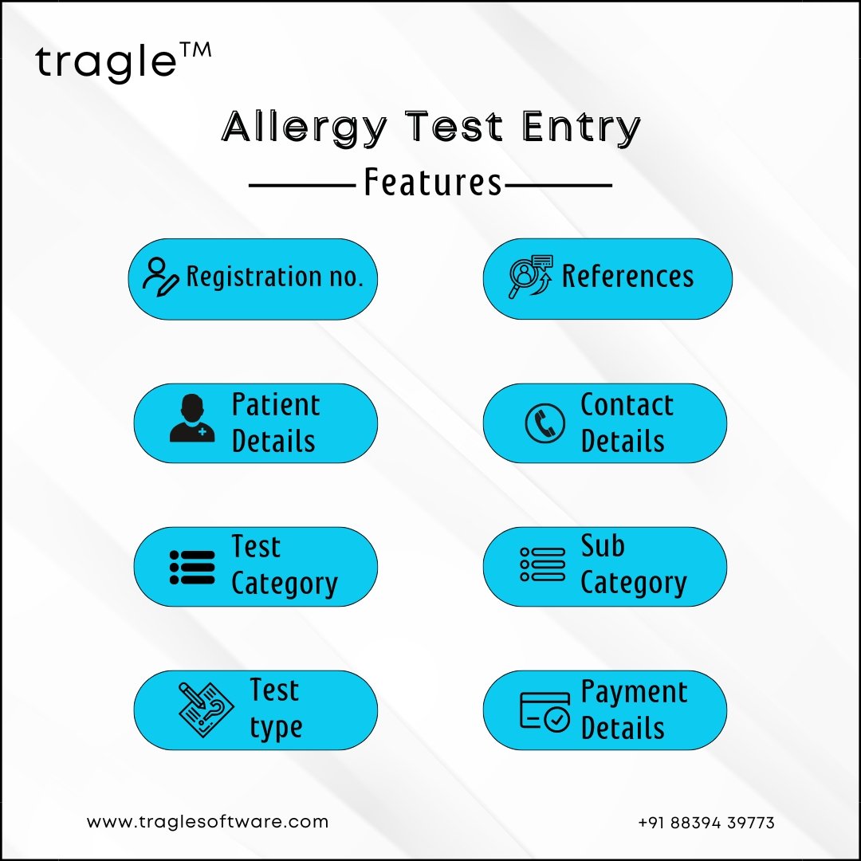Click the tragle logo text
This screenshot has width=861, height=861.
(106, 62)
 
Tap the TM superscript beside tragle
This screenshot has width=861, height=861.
(195, 50)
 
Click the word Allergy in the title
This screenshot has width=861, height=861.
(305, 128)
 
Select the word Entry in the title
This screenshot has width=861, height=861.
(581, 128)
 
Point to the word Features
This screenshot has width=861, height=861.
(433, 183)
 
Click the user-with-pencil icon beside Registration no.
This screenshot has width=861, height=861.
(160, 277)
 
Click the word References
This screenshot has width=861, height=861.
(627, 276)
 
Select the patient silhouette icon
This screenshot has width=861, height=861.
(192, 418)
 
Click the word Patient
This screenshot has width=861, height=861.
(276, 405)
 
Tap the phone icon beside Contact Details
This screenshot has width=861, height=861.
(545, 423)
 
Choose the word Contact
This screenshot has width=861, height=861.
(627, 405)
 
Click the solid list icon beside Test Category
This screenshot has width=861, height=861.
(192, 568)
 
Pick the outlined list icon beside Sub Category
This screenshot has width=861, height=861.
(542, 564)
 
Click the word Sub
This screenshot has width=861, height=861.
(603, 546)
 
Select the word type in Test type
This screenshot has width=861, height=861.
(276, 729)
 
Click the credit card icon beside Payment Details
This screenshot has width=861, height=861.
(545, 712)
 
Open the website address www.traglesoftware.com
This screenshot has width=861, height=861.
(207, 822)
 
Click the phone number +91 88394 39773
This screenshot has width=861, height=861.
(706, 823)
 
